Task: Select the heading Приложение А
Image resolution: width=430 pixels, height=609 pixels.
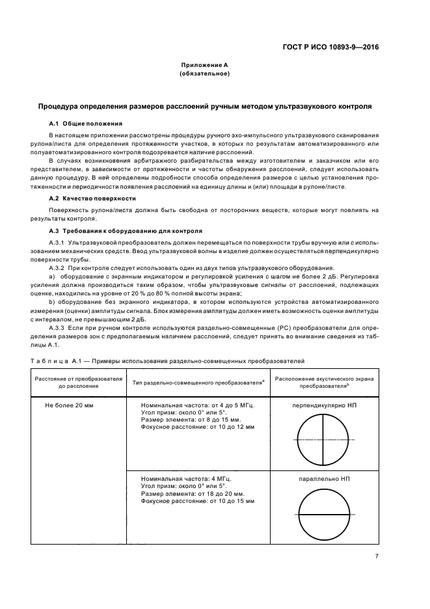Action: (x=204, y=65)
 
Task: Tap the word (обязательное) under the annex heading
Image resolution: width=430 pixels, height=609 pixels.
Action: (x=204, y=74)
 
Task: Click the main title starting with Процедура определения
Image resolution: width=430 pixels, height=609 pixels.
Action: (x=204, y=105)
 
